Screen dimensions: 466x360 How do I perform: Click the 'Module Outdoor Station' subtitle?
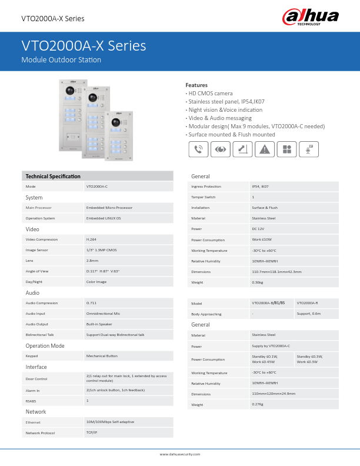(61, 60)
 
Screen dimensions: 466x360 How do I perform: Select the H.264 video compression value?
(91, 239)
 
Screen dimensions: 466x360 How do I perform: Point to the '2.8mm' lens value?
(92, 261)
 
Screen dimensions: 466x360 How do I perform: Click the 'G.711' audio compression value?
(91, 303)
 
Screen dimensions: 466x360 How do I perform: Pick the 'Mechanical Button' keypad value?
(102, 356)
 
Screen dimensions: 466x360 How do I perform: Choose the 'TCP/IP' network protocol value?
(91, 432)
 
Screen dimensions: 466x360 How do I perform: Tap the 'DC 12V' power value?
(258, 229)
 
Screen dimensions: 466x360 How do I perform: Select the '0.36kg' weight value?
(257, 282)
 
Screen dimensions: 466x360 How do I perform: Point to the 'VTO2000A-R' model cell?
(308, 303)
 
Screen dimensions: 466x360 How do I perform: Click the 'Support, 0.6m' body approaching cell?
(309, 314)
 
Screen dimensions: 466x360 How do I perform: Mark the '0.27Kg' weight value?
(257, 404)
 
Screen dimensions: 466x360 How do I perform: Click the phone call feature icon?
(199, 149)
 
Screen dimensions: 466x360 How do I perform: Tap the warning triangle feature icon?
(265, 149)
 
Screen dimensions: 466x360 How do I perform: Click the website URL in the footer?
(180, 454)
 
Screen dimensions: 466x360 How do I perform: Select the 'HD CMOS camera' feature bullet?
(211, 94)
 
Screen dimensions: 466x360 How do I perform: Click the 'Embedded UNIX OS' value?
(104, 218)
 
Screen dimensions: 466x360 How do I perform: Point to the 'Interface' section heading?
(36, 367)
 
